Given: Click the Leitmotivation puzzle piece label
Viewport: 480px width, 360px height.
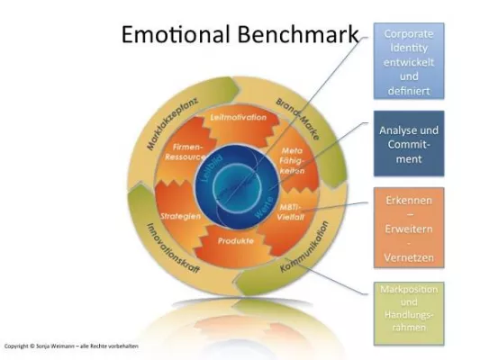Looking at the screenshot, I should click(x=231, y=118).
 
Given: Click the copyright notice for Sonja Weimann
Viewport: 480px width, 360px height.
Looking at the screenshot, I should click(x=71, y=346).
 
